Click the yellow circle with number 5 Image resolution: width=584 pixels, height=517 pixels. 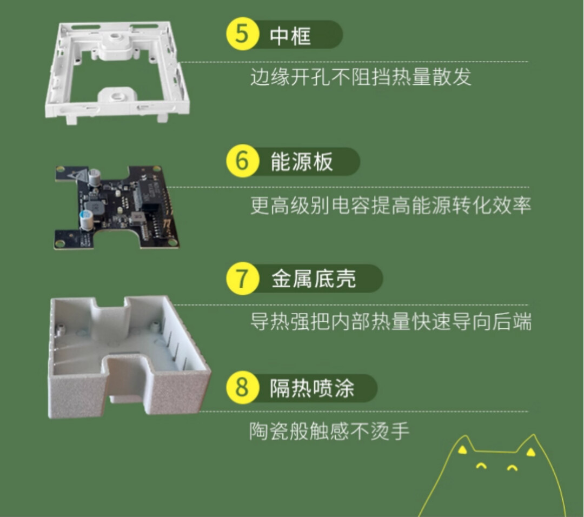coord(242,34)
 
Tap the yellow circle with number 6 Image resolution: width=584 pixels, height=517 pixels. coord(242,161)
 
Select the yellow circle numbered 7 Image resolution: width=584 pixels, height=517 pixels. coord(242,279)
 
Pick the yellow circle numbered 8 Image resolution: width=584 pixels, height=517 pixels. coord(242,387)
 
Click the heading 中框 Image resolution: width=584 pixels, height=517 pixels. coord(290,36)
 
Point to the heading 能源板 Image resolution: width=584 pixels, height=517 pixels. coord(301,162)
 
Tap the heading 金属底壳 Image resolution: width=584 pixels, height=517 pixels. coord(313,279)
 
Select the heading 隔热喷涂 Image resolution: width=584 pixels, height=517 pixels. coord(312,388)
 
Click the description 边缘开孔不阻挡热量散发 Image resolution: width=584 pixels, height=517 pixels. coord(361,77)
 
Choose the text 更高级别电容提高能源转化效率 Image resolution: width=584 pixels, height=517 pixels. coord(390,206)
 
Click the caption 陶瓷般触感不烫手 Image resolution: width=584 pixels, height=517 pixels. coord(329,431)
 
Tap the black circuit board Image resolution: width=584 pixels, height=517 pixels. coord(117,207)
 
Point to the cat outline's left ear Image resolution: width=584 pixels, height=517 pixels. coord(462,445)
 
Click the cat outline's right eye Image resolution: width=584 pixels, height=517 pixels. coord(513,468)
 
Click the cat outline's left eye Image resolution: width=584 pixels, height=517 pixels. coord(481,466)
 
